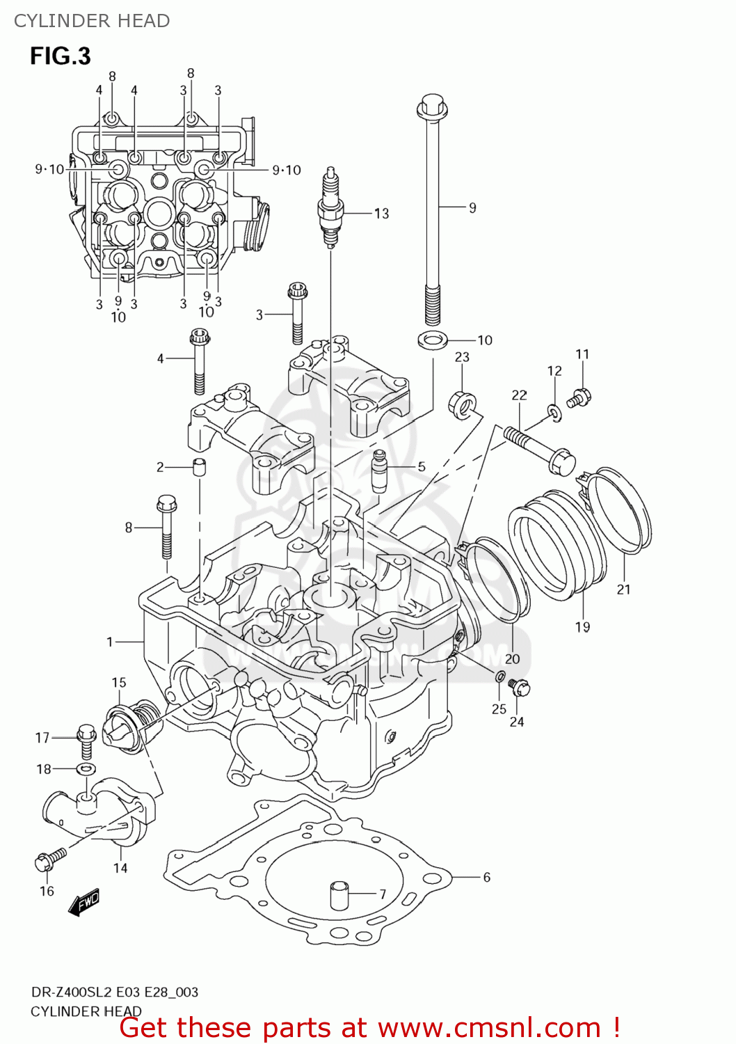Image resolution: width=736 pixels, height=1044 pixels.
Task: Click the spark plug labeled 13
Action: [330, 207]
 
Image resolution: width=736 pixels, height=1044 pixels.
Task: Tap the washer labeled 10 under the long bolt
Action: [432, 340]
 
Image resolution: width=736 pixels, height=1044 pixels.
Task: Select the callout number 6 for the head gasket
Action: [486, 877]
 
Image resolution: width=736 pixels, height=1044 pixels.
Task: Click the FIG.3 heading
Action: [61, 56]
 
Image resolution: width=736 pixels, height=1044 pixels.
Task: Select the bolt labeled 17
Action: [86, 741]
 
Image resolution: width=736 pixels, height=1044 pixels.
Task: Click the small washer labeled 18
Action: [86, 769]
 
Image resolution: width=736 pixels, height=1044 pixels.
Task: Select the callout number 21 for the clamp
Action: [623, 590]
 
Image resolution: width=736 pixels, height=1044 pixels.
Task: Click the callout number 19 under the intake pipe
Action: [582, 627]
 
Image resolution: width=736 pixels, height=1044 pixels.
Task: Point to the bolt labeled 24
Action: [519, 688]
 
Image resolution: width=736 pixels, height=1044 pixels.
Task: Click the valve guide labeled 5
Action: [380, 470]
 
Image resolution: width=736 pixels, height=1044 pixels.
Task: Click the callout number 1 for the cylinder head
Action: [109, 642]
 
